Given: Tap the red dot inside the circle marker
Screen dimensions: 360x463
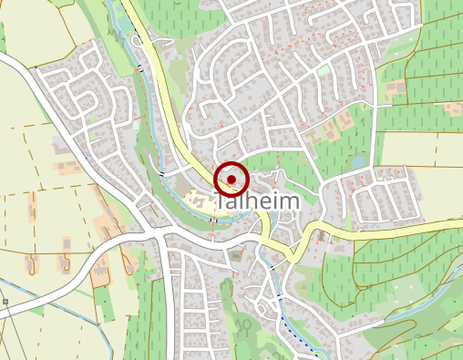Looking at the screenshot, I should [x=231, y=180].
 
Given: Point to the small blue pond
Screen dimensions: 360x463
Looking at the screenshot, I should [x=358, y=161].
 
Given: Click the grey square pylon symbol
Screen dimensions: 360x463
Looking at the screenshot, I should [x=5, y=301].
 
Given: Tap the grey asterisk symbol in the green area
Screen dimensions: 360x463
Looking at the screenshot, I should [x=245, y=323].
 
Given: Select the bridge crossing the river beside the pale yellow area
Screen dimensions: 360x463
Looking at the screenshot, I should [x=213, y=219].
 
